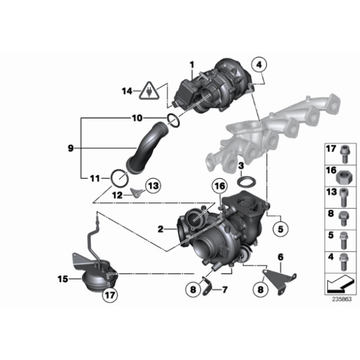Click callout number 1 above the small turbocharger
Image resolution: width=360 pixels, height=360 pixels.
[x=192, y=65]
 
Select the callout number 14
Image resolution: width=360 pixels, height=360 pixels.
[x=127, y=92]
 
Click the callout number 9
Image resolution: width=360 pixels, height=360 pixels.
[x=71, y=148]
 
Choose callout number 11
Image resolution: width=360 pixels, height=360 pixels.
[x=94, y=178]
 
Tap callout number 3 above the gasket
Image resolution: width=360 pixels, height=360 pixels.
[x=240, y=164]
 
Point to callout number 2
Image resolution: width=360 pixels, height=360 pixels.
[x=161, y=229]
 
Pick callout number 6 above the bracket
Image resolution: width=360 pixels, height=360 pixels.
[x=280, y=256]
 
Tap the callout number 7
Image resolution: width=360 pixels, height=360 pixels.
[x=225, y=289]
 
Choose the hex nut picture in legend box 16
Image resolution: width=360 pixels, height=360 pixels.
[x=341, y=171]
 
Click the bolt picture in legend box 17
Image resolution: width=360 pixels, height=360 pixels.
[x=341, y=150]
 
